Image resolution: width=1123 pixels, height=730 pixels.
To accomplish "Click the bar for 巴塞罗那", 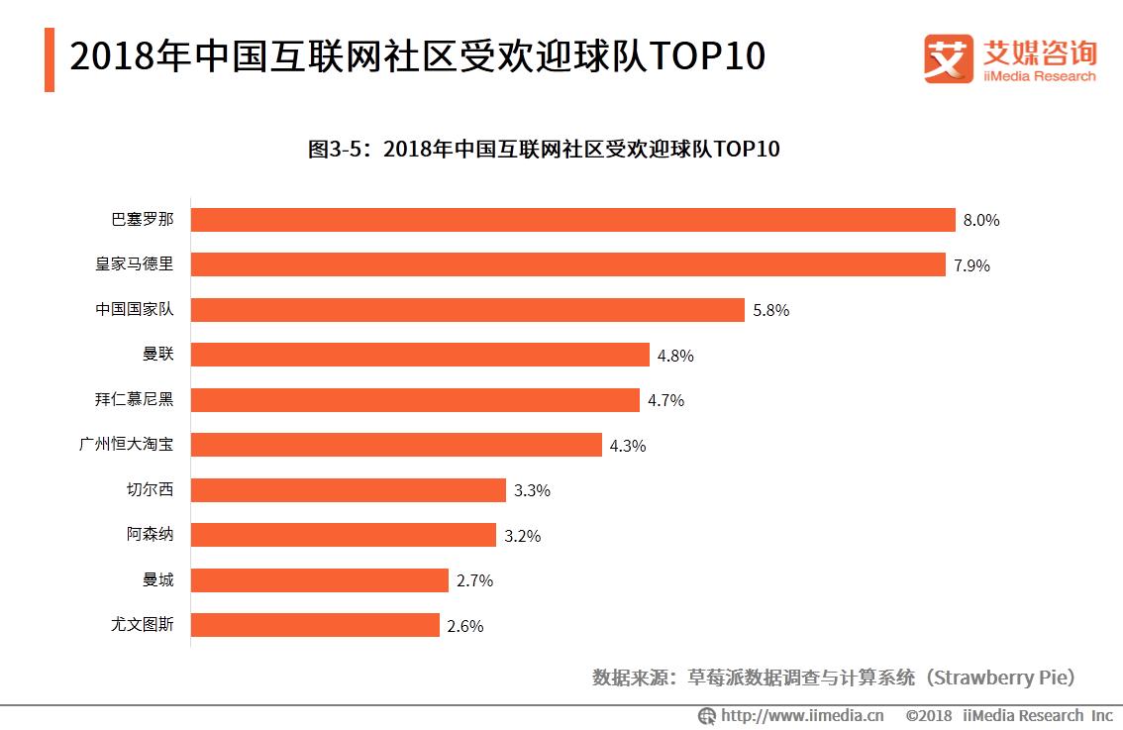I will click(x=572, y=220).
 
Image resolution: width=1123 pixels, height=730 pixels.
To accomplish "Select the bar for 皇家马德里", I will click(x=567, y=264).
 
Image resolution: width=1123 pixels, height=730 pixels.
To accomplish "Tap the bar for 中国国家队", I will click(x=467, y=310).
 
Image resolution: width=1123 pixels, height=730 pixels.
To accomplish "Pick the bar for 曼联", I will click(x=420, y=355).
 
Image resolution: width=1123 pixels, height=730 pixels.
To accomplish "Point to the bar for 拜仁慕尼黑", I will click(x=415, y=400).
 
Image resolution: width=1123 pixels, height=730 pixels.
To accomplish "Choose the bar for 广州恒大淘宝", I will click(x=396, y=445).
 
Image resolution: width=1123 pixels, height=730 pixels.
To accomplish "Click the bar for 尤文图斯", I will click(x=315, y=625).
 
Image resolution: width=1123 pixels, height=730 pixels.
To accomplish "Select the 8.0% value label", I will click(x=981, y=221).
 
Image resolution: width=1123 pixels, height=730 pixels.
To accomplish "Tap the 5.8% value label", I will click(x=770, y=311).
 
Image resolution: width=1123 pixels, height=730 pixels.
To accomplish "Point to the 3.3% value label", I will click(x=532, y=491).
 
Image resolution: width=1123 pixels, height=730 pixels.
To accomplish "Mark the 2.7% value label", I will click(x=474, y=581).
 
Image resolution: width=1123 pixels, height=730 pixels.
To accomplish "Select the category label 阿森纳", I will click(x=151, y=535).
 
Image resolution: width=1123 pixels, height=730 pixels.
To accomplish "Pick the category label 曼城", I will click(x=158, y=580).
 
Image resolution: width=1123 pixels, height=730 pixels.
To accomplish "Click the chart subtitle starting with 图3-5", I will click(x=544, y=150).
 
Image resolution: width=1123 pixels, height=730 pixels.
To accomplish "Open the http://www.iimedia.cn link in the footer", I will click(x=802, y=715).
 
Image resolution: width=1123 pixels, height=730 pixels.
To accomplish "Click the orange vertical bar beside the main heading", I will click(x=50, y=59).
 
